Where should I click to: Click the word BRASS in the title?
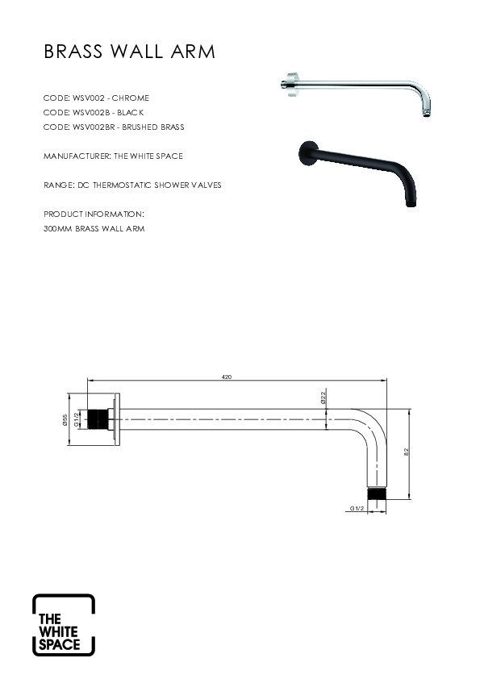pos(73,52)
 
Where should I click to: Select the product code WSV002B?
pos(91,113)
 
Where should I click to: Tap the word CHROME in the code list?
pos(131,98)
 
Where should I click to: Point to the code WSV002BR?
pos(94,127)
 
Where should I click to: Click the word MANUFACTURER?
pos(77,156)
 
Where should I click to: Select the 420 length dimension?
pos(227,377)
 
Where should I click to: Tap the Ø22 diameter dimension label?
pos(323,397)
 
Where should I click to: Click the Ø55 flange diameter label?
pos(65,419)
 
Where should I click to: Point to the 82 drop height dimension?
pos(407,452)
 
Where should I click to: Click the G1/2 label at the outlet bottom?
pos(357,508)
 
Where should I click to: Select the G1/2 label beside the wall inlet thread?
pos(77,419)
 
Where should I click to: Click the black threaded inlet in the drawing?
pos(98,419)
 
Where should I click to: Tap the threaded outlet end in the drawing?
pos(377,494)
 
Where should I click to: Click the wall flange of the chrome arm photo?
pos(293,85)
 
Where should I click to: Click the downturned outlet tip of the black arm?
pos(411,203)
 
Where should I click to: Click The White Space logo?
pos(64,624)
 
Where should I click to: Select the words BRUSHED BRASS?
pos(153,127)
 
